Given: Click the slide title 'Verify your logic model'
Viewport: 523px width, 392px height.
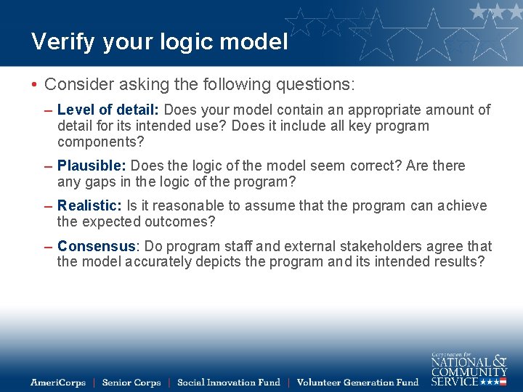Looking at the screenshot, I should [x=159, y=42].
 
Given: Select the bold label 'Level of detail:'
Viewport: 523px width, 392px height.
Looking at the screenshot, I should [x=109, y=110].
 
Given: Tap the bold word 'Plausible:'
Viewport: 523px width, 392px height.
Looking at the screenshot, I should [x=92, y=166].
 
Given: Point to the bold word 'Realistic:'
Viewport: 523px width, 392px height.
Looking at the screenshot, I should [x=90, y=206].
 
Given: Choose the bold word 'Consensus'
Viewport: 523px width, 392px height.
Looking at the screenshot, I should [x=97, y=247].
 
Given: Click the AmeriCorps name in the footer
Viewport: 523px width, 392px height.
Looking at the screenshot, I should [x=58, y=383].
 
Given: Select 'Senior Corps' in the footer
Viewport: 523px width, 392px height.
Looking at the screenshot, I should [x=131, y=383].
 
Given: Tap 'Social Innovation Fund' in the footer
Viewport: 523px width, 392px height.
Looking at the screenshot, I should [x=228, y=383].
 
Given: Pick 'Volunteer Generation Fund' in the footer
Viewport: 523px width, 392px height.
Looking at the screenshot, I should [x=357, y=383].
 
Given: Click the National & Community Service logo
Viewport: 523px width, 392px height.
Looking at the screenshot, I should [x=469, y=369].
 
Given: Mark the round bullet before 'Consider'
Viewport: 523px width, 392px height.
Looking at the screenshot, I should [x=34, y=85].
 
